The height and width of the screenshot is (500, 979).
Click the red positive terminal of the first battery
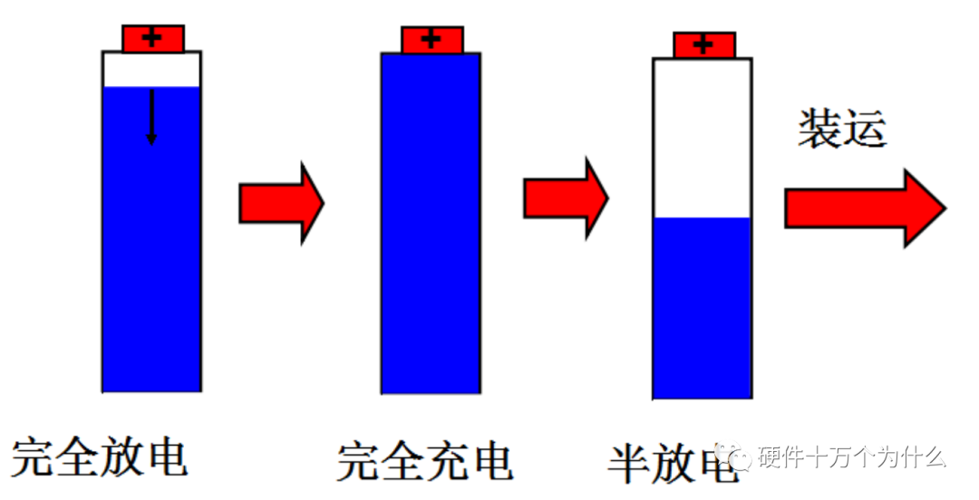153,38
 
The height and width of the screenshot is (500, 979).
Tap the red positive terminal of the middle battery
431,40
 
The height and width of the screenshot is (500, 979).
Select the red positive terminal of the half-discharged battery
703,45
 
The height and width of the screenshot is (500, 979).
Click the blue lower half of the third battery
703,308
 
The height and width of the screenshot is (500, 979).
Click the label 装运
841,130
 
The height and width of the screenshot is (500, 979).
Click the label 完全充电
424,461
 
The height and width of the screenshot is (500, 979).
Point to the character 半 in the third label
632,463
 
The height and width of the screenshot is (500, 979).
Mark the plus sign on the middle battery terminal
431,40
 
